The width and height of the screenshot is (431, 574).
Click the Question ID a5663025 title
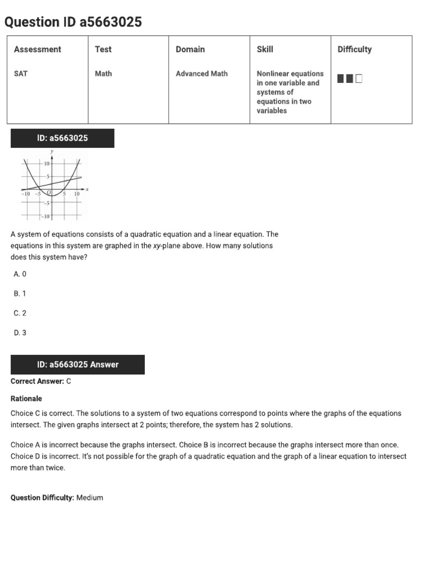pos(73,22)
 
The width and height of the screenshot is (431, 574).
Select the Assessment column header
pos(37,49)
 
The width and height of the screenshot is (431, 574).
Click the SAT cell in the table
pos(21,73)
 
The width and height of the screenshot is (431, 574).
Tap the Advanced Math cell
pos(201,73)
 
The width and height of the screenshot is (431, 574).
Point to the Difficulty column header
pos(354,49)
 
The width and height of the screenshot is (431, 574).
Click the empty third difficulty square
pos(359,79)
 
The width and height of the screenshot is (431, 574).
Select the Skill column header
pos(265,49)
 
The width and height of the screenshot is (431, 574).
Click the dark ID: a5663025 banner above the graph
pos(62,138)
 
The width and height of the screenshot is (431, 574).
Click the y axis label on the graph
pos(52,152)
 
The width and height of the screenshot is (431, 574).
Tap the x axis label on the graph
pos(88,189)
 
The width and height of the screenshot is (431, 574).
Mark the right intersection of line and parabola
pos(75,178)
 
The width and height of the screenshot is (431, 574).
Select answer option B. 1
pos(20,294)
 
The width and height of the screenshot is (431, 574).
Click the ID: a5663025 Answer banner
pos(77,364)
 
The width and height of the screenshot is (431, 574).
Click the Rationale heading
pos(26,399)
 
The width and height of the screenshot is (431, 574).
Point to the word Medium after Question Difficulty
pos(90,498)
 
